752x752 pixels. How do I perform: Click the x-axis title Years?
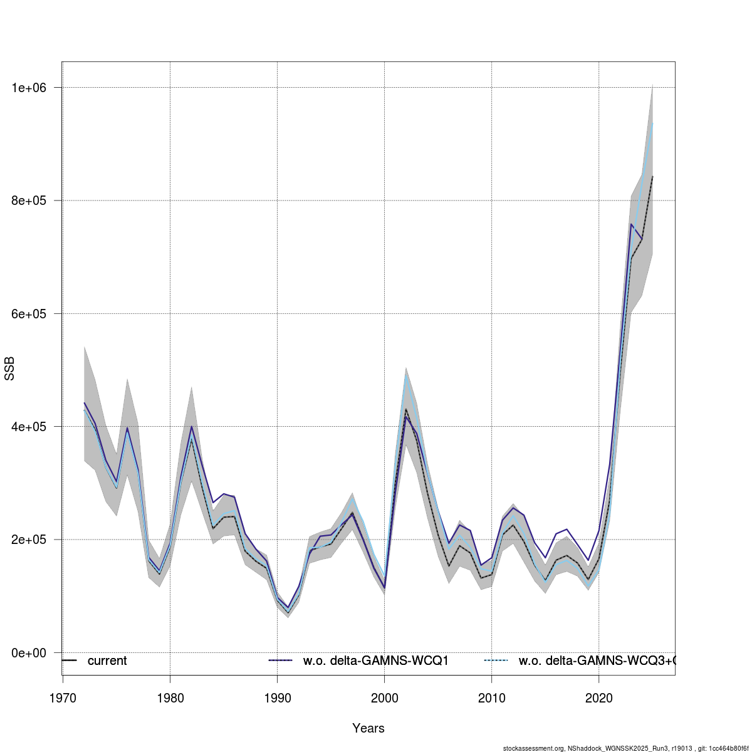(368, 728)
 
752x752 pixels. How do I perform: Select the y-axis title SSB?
(9, 369)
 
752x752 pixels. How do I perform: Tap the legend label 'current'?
(107, 661)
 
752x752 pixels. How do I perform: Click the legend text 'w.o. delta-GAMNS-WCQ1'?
(376, 661)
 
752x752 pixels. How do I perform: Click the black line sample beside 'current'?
(69, 661)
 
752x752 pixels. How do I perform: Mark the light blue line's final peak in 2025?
(652, 123)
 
